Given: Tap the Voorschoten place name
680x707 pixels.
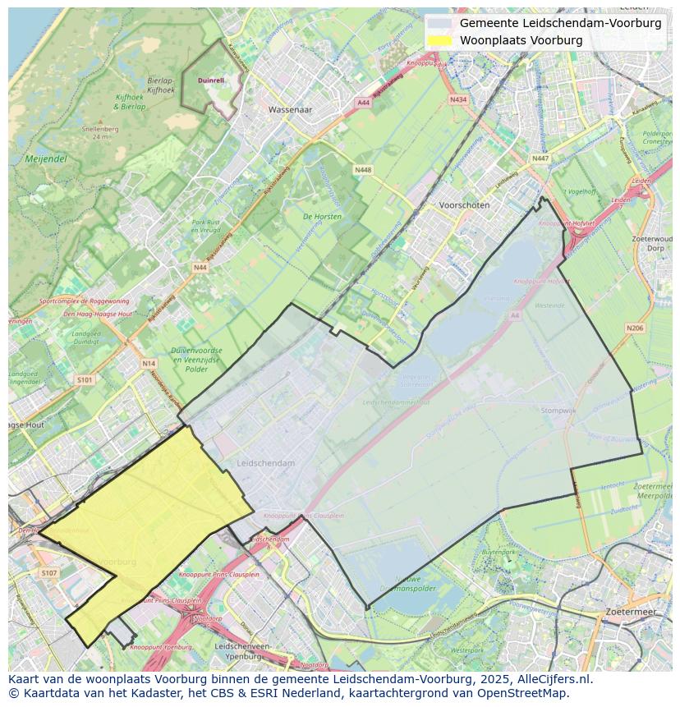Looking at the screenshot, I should pyautogui.click(x=464, y=205).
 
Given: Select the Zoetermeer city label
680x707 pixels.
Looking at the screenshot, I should pyautogui.click(x=630, y=613).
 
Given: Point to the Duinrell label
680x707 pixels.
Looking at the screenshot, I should pyautogui.click(x=211, y=80).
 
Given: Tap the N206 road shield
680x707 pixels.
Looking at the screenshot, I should pyautogui.click(x=634, y=328).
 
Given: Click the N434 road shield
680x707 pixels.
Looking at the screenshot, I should pyautogui.click(x=458, y=99).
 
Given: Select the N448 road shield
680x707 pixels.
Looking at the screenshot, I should pyautogui.click(x=362, y=169).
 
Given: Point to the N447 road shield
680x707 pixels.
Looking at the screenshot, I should pyautogui.click(x=540, y=158).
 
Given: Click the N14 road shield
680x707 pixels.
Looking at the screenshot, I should pyautogui.click(x=149, y=363).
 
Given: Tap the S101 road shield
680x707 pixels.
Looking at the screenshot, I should pyautogui.click(x=85, y=380).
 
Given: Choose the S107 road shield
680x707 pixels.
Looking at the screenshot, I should pyautogui.click(x=48, y=572).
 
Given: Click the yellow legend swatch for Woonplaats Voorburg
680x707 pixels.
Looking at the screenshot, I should pyautogui.click(x=439, y=40).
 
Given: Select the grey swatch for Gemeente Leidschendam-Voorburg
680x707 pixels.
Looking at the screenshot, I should pyautogui.click(x=439, y=23).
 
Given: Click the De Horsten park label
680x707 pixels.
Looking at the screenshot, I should pyautogui.click(x=322, y=217).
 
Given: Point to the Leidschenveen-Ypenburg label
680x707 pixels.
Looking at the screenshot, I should pyautogui.click(x=242, y=651).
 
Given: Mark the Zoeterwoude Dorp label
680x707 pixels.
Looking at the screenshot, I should pyautogui.click(x=654, y=242).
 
